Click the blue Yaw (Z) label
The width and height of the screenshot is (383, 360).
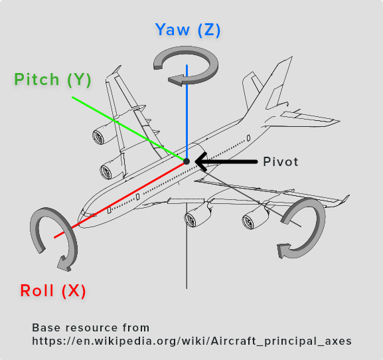(188, 31)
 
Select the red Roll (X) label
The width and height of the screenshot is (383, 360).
(53, 291)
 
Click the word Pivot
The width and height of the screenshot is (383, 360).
(281, 161)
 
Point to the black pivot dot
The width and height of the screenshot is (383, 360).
(187, 161)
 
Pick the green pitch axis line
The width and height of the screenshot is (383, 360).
(126, 128)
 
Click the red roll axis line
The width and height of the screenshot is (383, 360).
(126, 195)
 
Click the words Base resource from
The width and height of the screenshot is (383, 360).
(90, 328)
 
